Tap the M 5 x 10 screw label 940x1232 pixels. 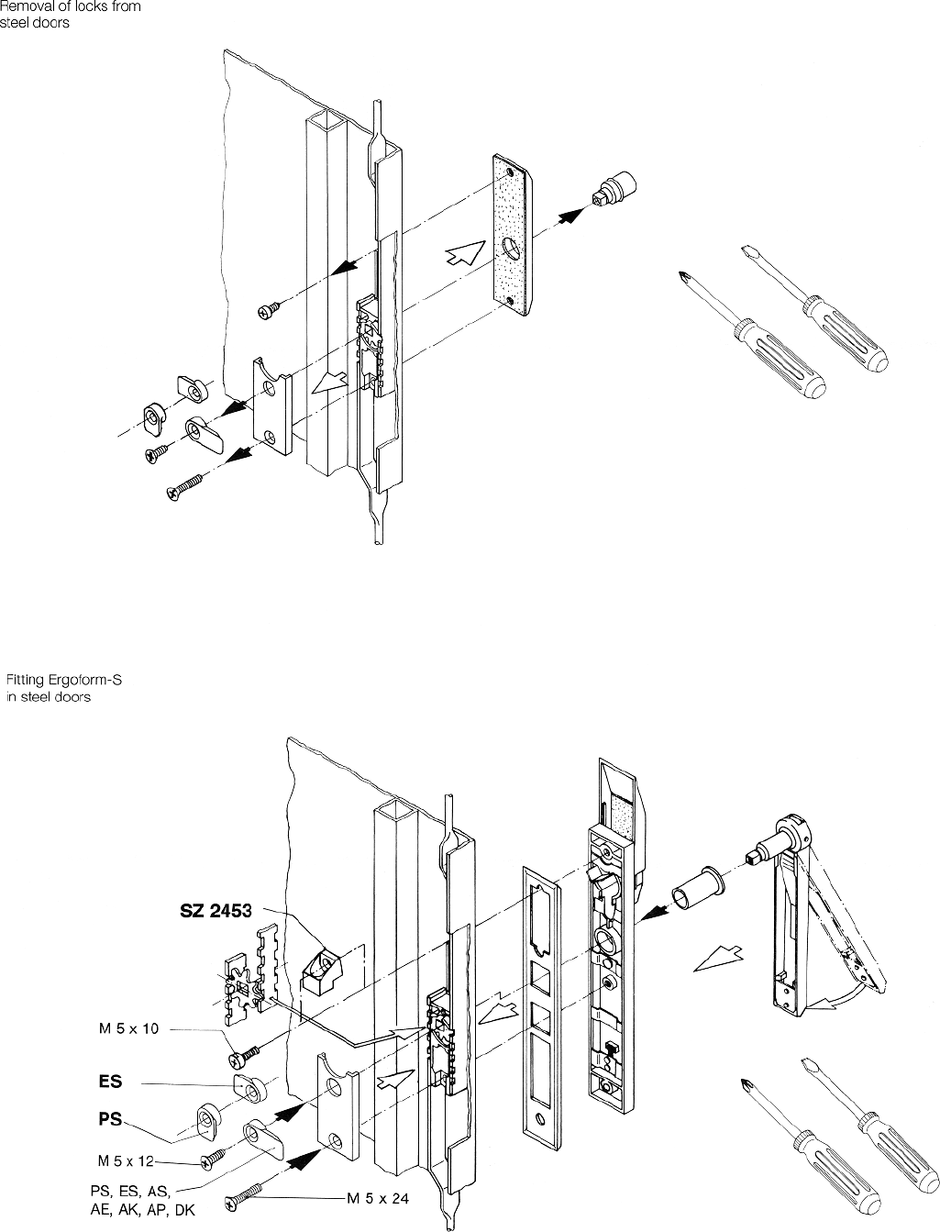(x=128, y=1028)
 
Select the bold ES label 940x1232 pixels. (x=110, y=1082)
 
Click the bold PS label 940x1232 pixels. (x=111, y=1120)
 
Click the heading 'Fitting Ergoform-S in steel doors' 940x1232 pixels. (x=63, y=688)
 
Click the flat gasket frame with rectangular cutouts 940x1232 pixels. (x=540, y=991)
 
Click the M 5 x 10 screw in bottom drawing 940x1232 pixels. (x=244, y=1056)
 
